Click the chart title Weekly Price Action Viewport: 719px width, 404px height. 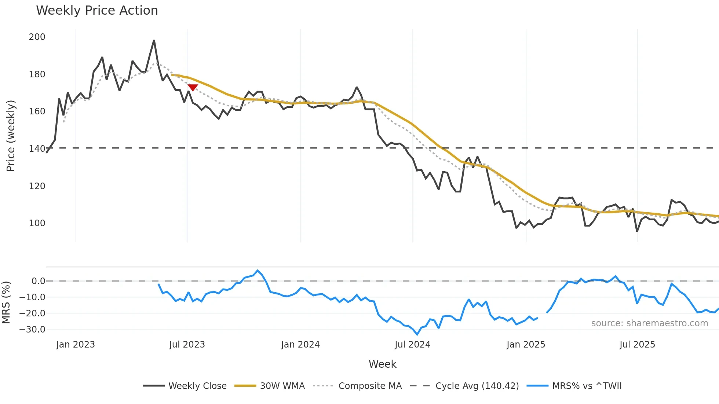coord(97,11)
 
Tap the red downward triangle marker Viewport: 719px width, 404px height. coord(193,87)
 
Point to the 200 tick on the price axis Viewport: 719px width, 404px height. coord(37,37)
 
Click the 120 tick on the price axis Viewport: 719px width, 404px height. coord(37,186)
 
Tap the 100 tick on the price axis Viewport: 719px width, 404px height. coord(37,223)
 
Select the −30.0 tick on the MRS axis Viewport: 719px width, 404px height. coord(32,330)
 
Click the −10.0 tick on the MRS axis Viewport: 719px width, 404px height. coord(32,297)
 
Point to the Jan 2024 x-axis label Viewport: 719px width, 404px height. coord(300,345)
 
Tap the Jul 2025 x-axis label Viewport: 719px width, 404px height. coord(637,345)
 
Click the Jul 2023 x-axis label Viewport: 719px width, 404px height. coord(187,345)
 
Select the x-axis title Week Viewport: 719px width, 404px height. coord(382,364)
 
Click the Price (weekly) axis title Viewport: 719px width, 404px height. coord(11,136)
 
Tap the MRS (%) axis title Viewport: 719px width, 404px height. coord(6,302)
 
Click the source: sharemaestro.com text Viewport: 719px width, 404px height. coord(649,323)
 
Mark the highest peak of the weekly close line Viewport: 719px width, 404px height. coord(154,40)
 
